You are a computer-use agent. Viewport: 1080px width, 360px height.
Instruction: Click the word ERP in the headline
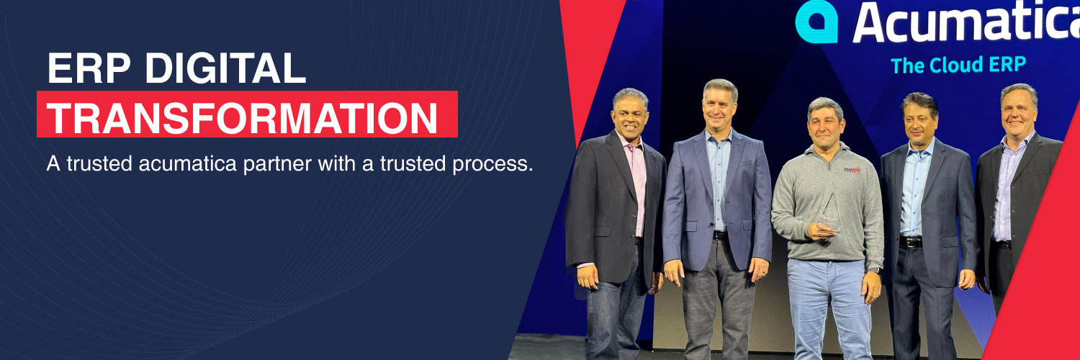pyautogui.click(x=89, y=68)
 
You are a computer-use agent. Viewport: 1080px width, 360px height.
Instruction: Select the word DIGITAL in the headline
pyautogui.click(x=225, y=68)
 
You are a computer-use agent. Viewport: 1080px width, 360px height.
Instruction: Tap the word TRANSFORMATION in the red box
pyautogui.click(x=242, y=118)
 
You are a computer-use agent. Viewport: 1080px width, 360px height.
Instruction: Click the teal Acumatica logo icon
pyautogui.click(x=816, y=22)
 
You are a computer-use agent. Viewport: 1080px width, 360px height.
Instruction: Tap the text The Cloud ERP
pyautogui.click(x=958, y=65)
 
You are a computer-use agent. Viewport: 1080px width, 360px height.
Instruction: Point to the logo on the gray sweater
pyautogui.click(x=852, y=170)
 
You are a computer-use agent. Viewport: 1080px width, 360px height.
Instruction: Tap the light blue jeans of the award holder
pyautogui.click(x=829, y=308)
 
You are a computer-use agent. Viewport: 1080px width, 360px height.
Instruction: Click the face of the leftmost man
pyautogui.click(x=630, y=118)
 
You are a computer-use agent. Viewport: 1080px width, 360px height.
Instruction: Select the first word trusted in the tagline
pyautogui.click(x=99, y=164)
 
